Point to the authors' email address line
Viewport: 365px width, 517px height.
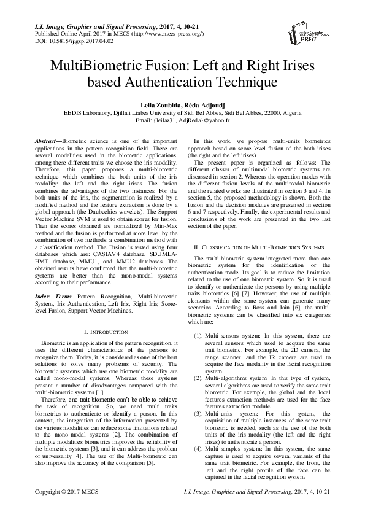click(182, 121)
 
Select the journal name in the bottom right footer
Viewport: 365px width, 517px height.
click(259, 492)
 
